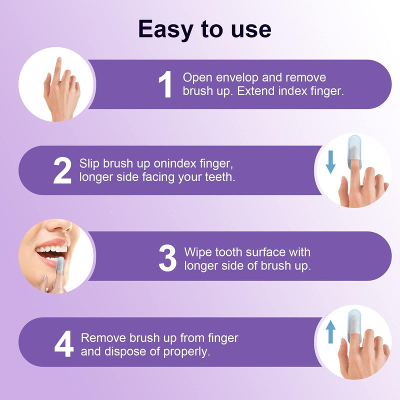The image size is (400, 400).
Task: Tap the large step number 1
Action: (x=165, y=84)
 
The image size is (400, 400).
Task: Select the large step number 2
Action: (x=62, y=170)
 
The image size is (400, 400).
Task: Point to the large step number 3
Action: (x=167, y=258)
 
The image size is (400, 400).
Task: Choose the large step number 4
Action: (x=63, y=344)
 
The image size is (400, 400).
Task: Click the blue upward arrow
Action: (x=330, y=332)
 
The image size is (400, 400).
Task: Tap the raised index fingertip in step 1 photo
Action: (x=58, y=62)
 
